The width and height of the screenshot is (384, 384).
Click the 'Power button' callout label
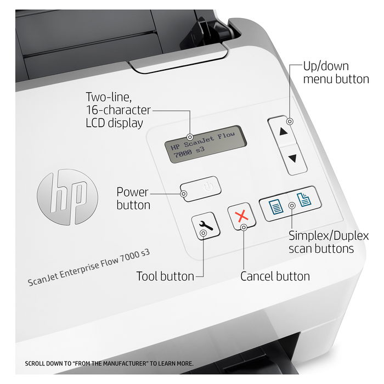(133, 199)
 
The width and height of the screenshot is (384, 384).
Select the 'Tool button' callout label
(165, 276)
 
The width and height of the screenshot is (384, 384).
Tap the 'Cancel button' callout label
(275, 276)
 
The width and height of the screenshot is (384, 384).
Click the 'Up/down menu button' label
(336, 72)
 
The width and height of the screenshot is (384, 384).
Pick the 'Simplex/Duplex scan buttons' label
(329, 242)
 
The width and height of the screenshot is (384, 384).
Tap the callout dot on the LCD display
(190, 137)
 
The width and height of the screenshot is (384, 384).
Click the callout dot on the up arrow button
(290, 121)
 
